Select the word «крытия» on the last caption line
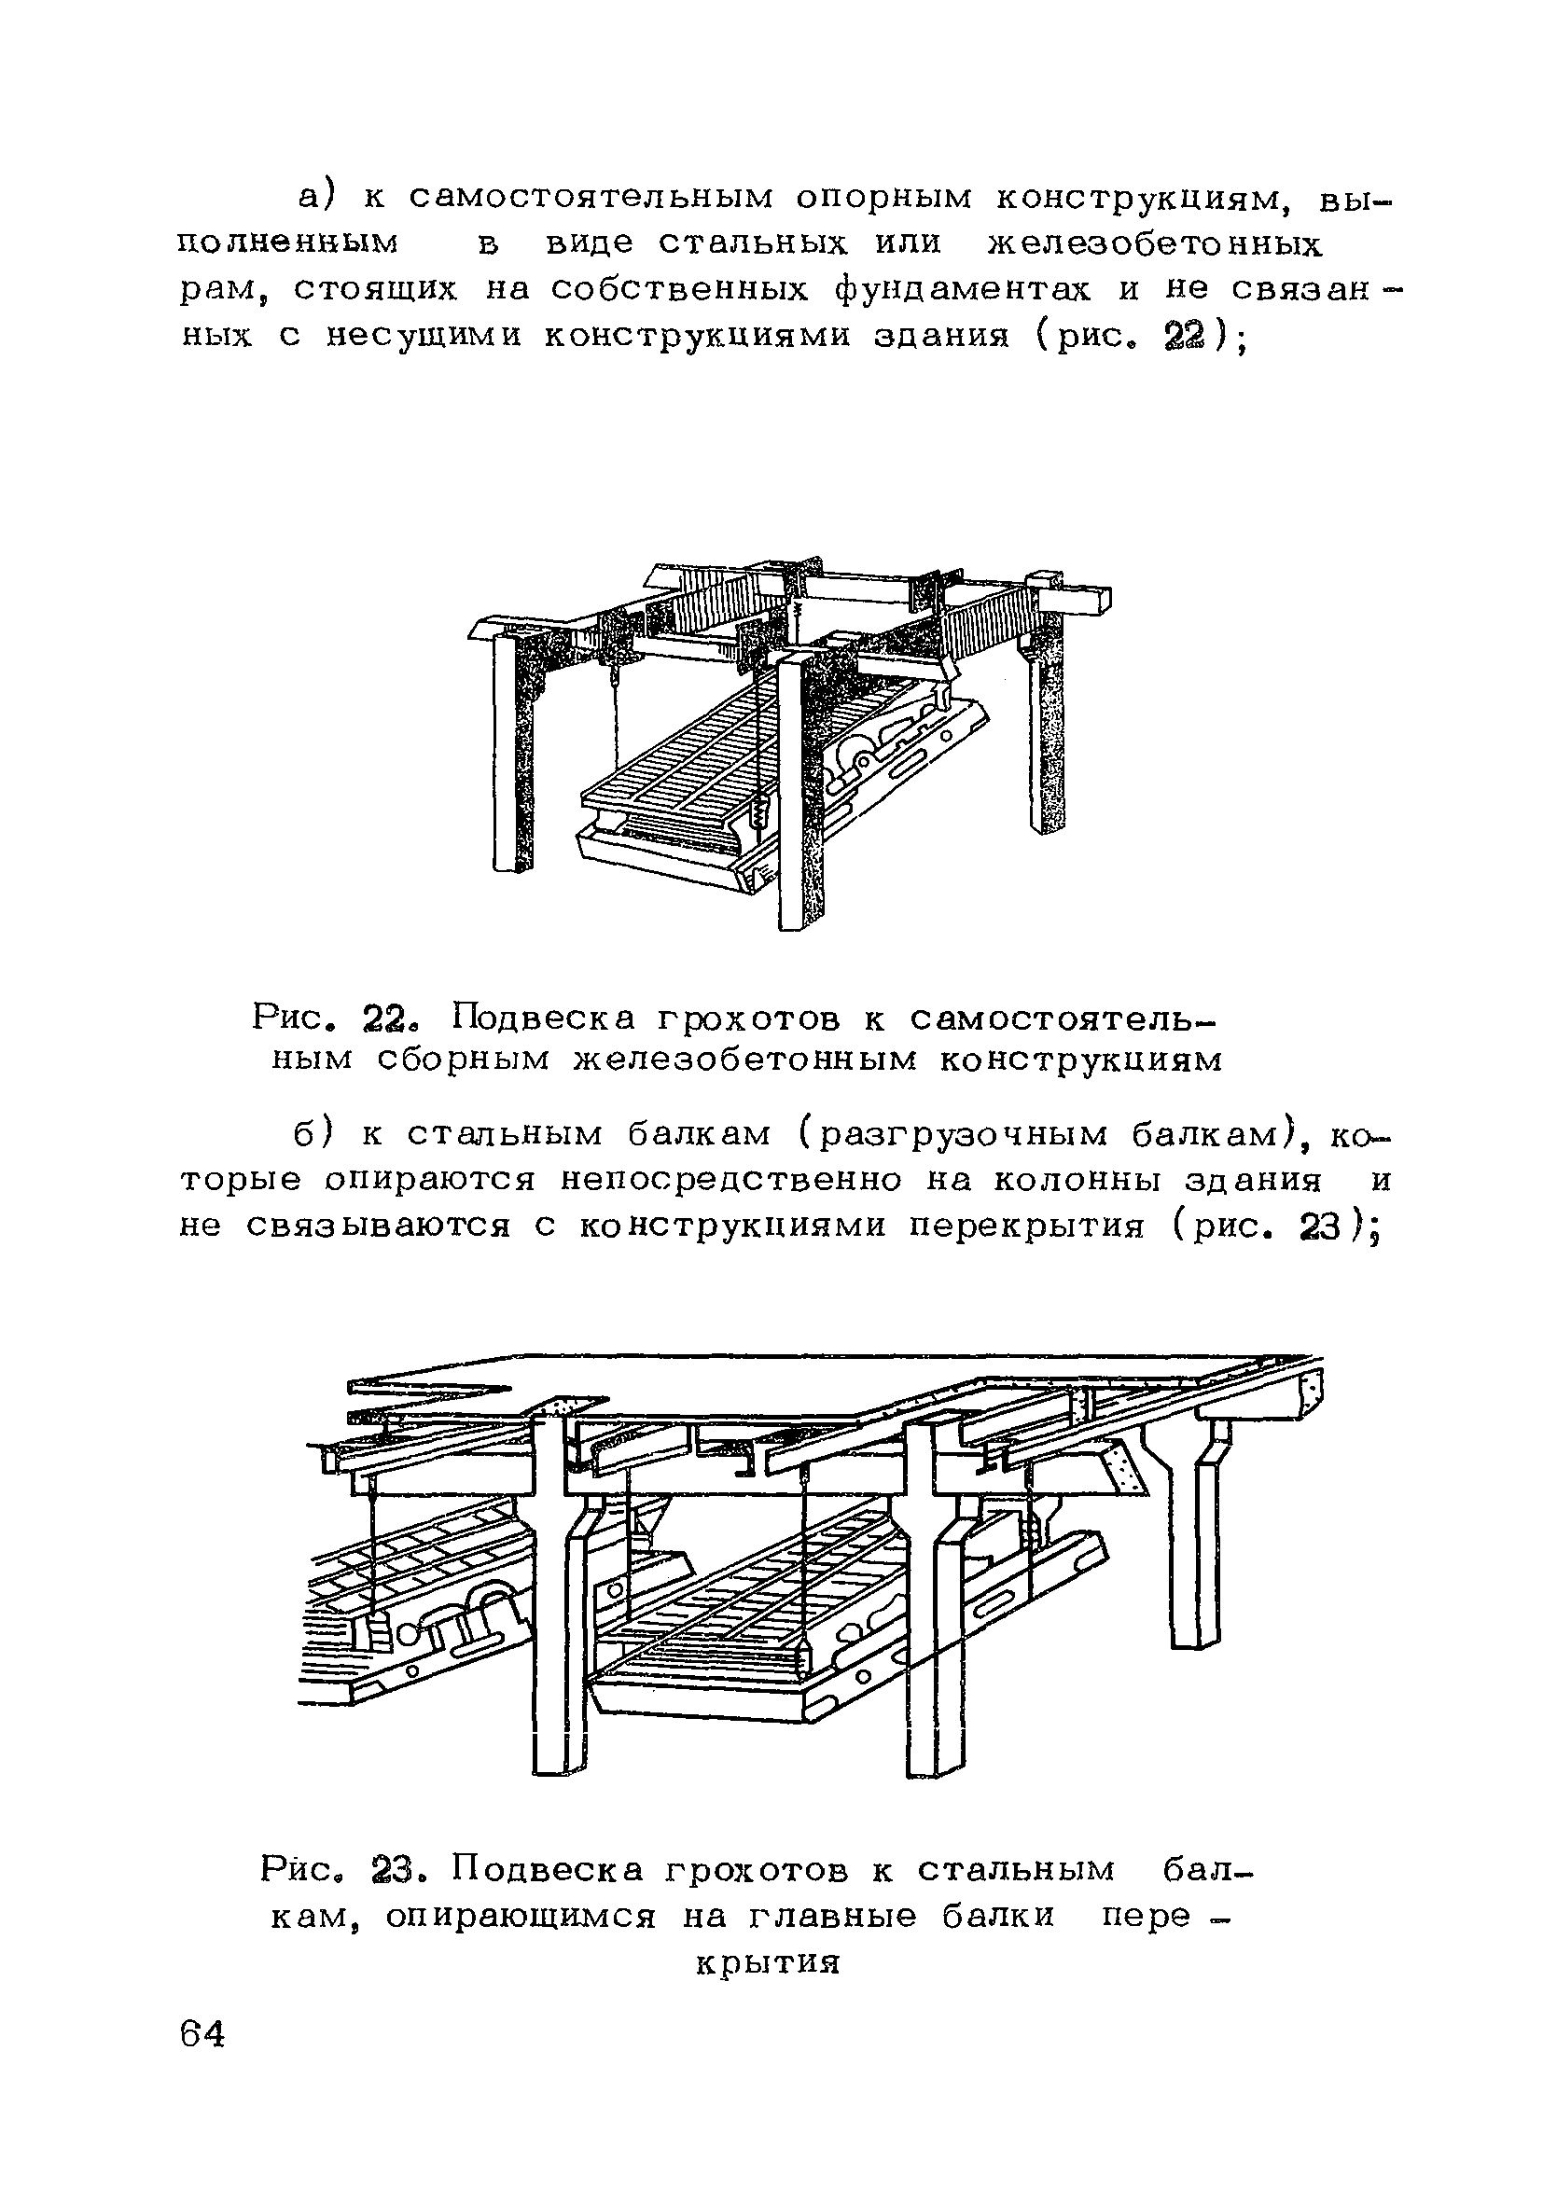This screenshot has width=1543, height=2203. point(767,1964)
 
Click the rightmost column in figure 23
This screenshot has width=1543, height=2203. point(1195,1545)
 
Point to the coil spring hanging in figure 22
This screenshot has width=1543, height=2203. point(759,815)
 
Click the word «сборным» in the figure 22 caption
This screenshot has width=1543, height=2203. point(451,1061)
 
